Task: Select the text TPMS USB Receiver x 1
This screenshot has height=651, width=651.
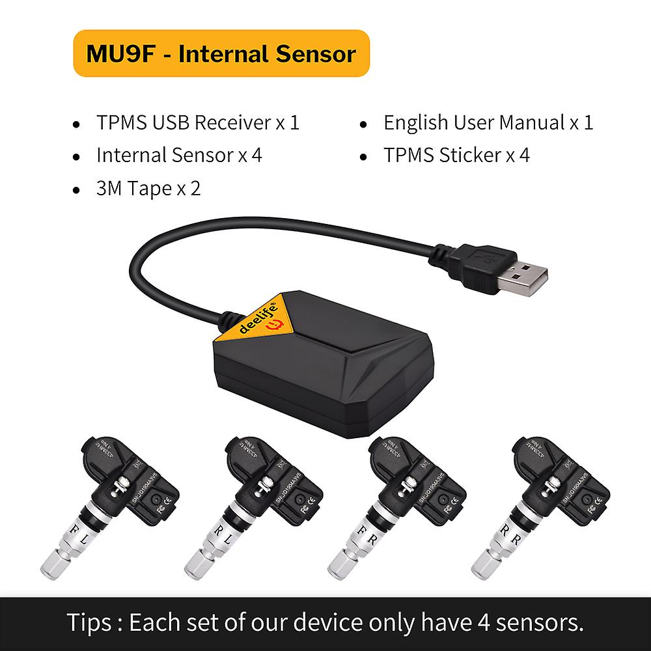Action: tap(198, 122)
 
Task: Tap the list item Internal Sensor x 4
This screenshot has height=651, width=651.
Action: tap(179, 155)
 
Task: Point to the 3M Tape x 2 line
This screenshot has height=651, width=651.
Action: tap(148, 189)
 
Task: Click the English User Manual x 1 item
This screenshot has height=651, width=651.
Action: tap(488, 122)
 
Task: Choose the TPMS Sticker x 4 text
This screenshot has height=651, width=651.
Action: tap(456, 155)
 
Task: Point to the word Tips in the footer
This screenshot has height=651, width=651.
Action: tap(90, 622)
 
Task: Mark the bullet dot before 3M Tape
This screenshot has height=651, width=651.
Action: tap(77, 191)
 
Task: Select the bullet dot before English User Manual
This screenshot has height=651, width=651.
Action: tap(365, 124)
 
